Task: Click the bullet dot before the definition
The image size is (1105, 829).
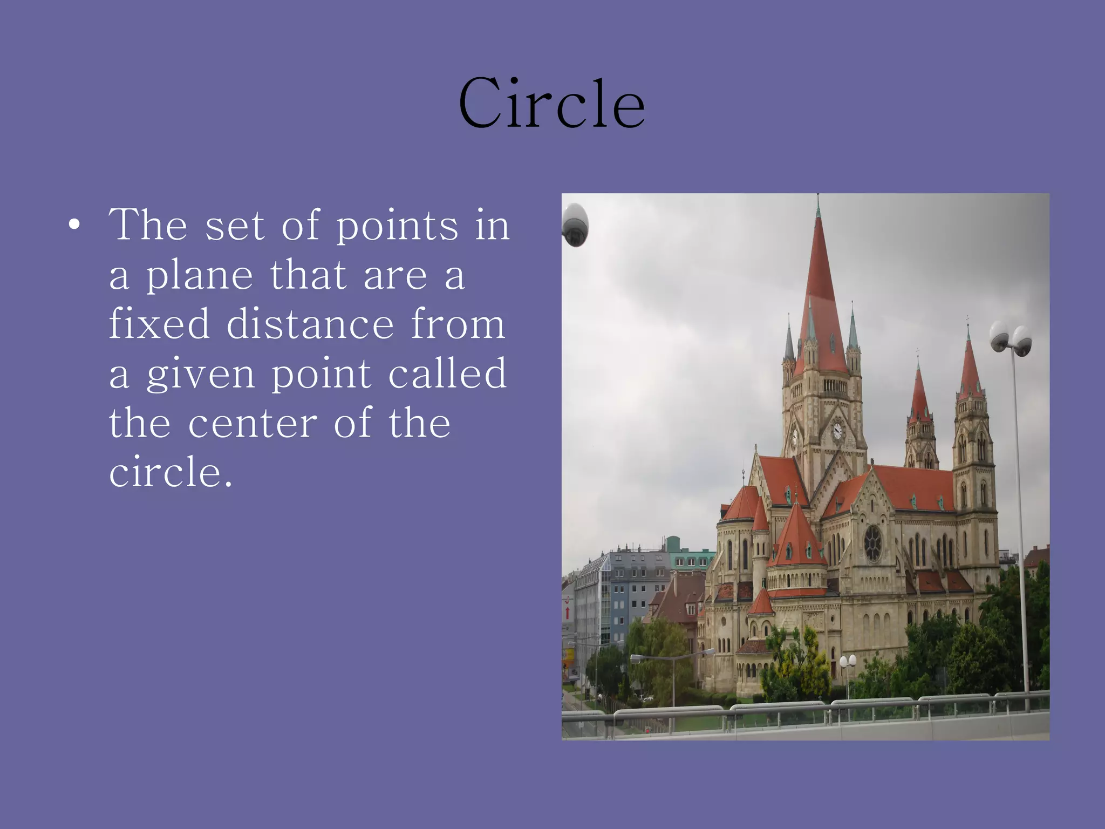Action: coord(74,225)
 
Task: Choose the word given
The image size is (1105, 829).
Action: coord(201,375)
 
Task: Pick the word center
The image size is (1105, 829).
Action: coord(253,423)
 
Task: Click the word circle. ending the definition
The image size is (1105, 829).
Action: coord(170,472)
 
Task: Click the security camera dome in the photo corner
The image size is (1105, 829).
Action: coord(575,225)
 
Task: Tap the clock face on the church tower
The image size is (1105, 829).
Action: coord(837,430)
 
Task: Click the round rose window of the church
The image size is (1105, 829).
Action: coord(872,542)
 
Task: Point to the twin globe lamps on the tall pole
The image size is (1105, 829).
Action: coord(1011,339)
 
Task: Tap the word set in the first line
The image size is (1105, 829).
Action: coord(235,226)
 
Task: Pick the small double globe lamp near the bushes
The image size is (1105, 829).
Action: coord(848,661)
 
